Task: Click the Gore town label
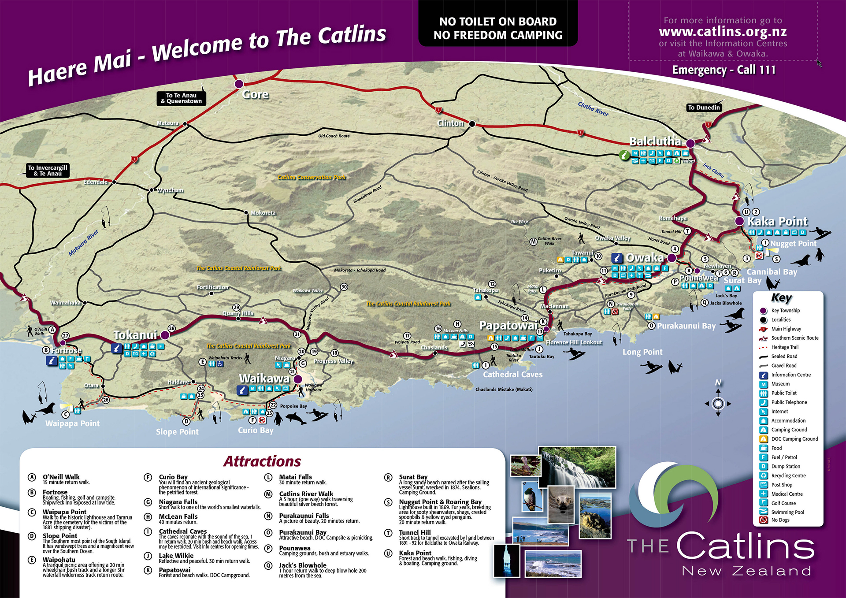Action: [255, 94]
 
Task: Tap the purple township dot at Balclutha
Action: [690, 143]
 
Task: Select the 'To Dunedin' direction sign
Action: [704, 108]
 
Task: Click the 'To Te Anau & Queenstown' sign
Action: [181, 98]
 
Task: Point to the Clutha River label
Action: [593, 109]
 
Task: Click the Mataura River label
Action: [83, 243]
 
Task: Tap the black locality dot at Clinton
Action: [472, 124]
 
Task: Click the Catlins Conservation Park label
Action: [312, 177]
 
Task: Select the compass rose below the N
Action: [718, 403]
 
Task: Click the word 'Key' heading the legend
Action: [781, 298]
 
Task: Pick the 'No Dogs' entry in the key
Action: [780, 520]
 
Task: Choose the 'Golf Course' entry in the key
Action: [783, 503]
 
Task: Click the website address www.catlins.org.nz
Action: [723, 32]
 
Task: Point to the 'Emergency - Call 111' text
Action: [724, 70]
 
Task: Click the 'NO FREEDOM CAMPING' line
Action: [498, 35]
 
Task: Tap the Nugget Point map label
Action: [793, 244]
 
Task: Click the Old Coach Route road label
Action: [334, 136]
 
